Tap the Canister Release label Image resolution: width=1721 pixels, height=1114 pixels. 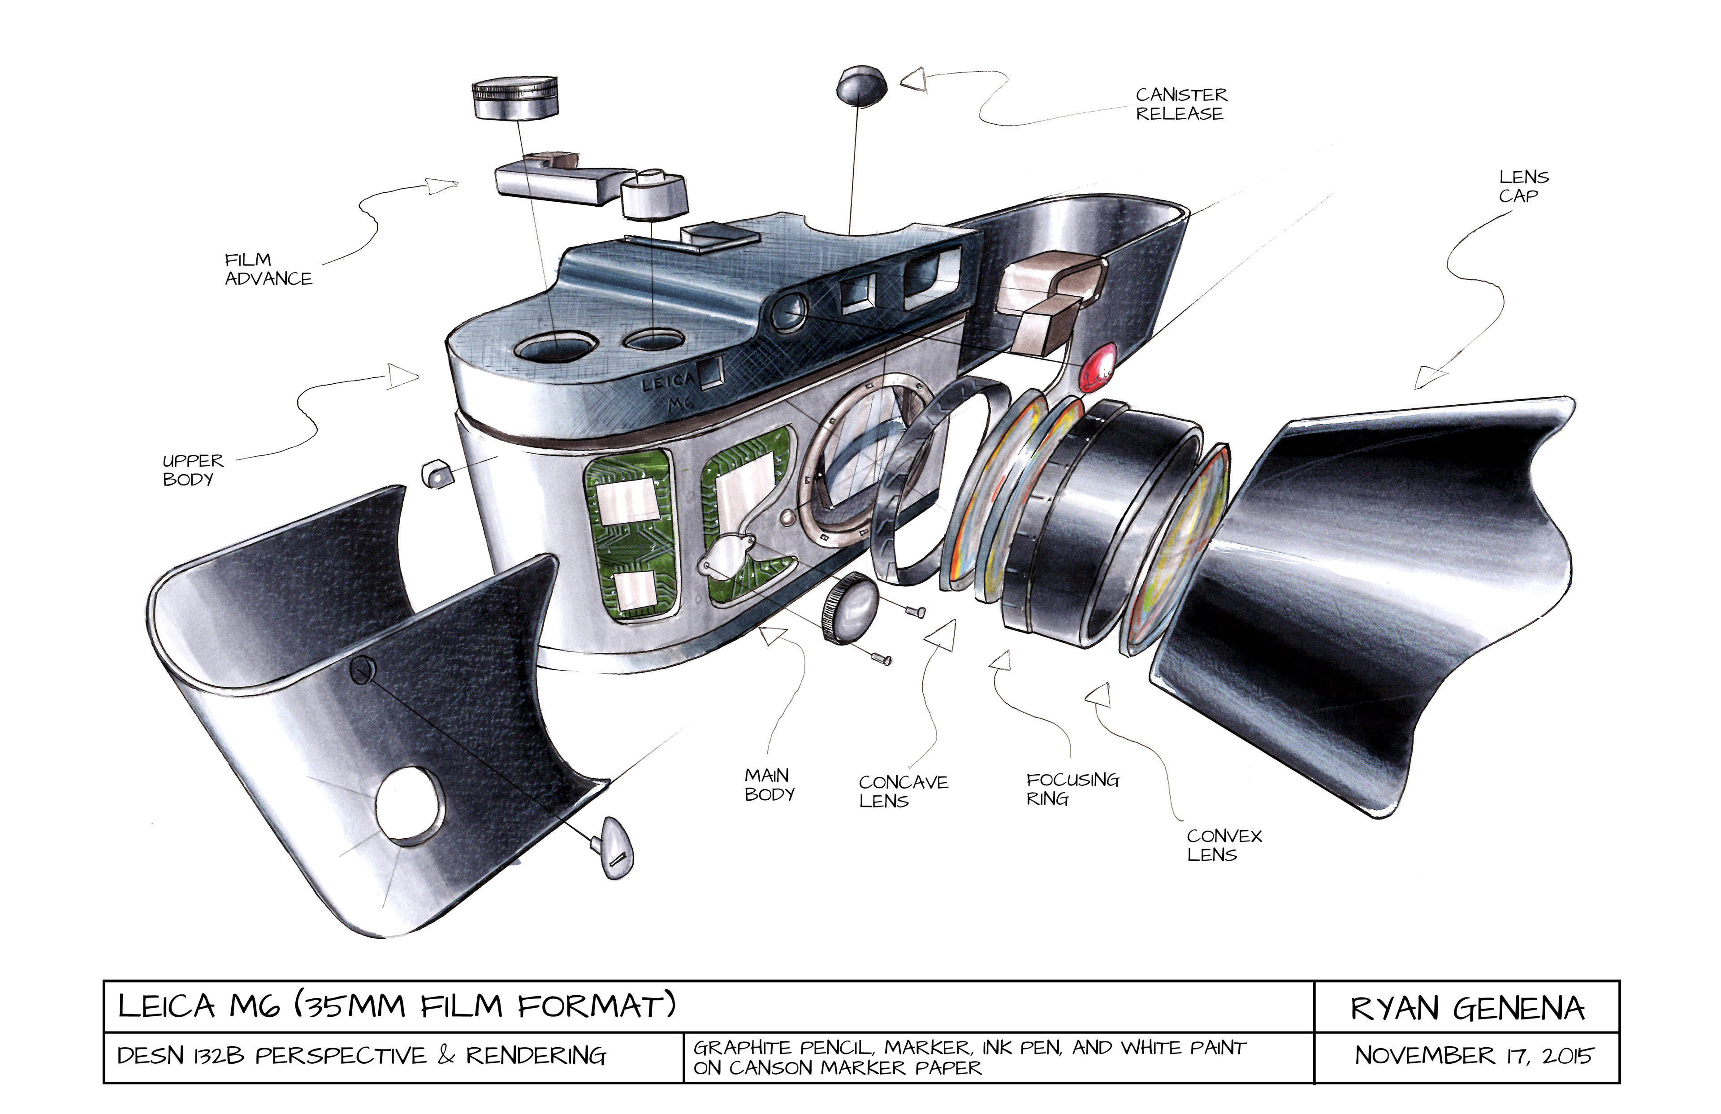tap(1181, 104)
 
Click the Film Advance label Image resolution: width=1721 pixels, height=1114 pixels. tap(268, 269)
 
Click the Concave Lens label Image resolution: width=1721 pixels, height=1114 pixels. tap(903, 791)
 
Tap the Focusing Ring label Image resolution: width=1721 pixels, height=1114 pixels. tap(1072, 789)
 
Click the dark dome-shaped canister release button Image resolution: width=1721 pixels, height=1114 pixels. tap(861, 85)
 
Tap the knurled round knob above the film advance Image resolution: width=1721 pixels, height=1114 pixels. tap(515, 98)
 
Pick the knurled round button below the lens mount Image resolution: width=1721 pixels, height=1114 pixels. tap(848, 607)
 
